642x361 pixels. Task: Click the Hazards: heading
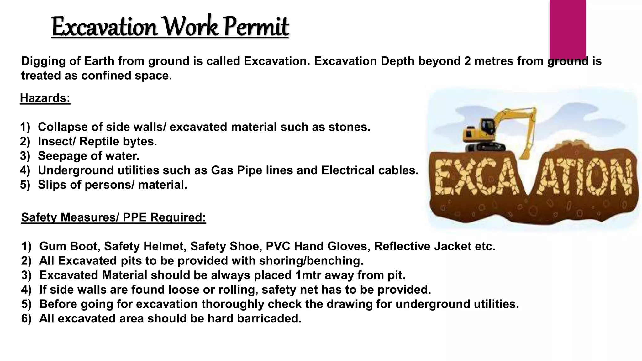coord(45,98)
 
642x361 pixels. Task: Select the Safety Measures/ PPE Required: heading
coord(113,217)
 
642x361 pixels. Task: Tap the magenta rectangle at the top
coord(567,28)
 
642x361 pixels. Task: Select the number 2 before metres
coord(467,61)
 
